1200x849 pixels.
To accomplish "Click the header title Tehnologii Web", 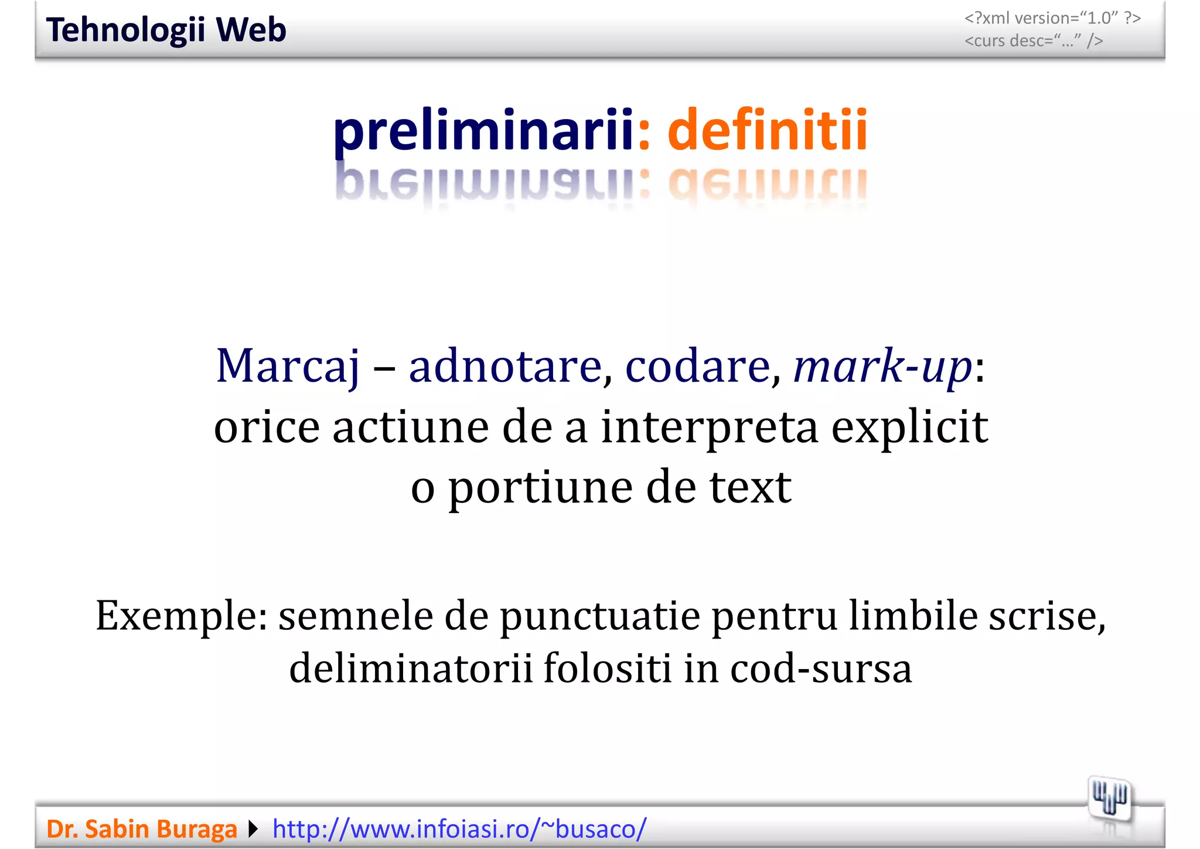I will (x=166, y=30).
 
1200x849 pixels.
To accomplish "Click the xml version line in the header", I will (x=1052, y=18).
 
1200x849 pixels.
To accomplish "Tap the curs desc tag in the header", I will (x=1034, y=41).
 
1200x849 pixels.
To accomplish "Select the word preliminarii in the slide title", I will (x=483, y=130).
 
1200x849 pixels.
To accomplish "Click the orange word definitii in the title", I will (x=767, y=130).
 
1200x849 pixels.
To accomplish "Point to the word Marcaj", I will (x=287, y=366).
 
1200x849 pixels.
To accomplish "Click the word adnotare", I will (x=505, y=366).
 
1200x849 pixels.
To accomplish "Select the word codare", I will (x=698, y=366).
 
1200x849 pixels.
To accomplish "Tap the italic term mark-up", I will (x=882, y=366).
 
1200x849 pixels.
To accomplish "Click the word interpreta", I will (x=709, y=427).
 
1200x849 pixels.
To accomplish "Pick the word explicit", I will (x=909, y=427).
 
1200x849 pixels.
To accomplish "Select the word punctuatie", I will (x=600, y=616).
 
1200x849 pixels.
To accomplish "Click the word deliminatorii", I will (x=411, y=668).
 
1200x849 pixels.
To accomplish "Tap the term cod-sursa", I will (x=820, y=668).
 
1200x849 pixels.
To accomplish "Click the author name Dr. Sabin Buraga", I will (x=142, y=829).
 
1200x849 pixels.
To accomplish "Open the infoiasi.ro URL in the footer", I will (x=459, y=829).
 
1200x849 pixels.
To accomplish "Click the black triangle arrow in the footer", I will (x=253, y=829).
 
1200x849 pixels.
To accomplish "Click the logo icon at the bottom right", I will (x=1110, y=799).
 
